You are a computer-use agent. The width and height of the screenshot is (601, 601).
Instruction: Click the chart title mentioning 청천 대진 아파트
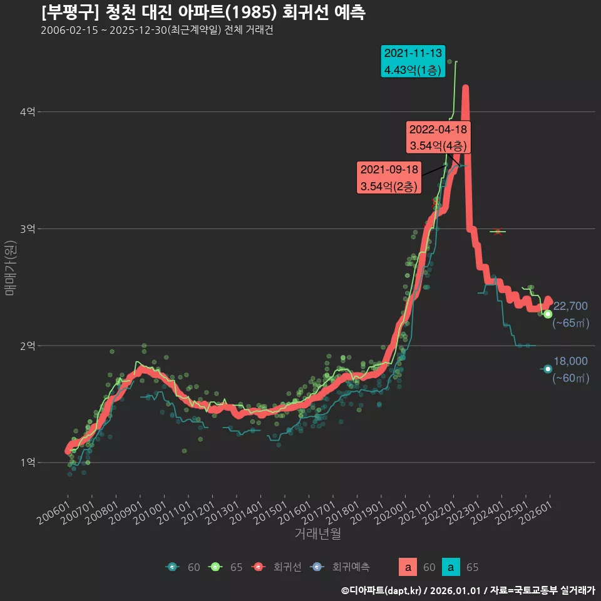point(203,12)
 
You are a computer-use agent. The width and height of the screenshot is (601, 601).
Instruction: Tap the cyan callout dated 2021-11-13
point(413,61)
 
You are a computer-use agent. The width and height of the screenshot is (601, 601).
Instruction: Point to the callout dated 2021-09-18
point(389,178)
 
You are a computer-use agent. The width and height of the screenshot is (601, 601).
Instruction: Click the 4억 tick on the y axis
point(28,112)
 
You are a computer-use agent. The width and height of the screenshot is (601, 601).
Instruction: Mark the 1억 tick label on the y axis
point(28,463)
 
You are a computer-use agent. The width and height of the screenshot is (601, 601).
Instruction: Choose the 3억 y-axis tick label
point(28,229)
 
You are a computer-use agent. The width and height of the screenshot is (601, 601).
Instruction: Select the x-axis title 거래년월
point(317,534)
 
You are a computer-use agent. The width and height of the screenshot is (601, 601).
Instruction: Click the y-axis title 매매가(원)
point(11,267)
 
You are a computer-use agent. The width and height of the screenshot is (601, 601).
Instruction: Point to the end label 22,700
point(570,306)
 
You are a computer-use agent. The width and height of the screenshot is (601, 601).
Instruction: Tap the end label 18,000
point(570,361)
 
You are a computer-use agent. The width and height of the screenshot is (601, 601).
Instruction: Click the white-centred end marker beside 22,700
point(548,314)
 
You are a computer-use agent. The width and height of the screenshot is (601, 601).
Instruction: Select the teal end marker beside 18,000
point(548,369)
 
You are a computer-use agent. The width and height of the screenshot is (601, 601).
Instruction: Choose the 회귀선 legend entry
point(279,567)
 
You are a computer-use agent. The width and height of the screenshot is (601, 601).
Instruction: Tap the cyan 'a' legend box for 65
point(451,567)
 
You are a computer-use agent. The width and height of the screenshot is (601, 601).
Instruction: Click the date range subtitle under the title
point(157,30)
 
